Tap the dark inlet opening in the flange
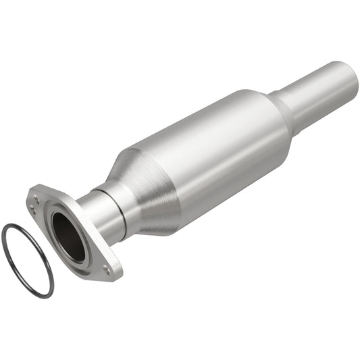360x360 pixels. point(68,236)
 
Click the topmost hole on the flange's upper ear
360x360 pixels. point(36,197)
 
